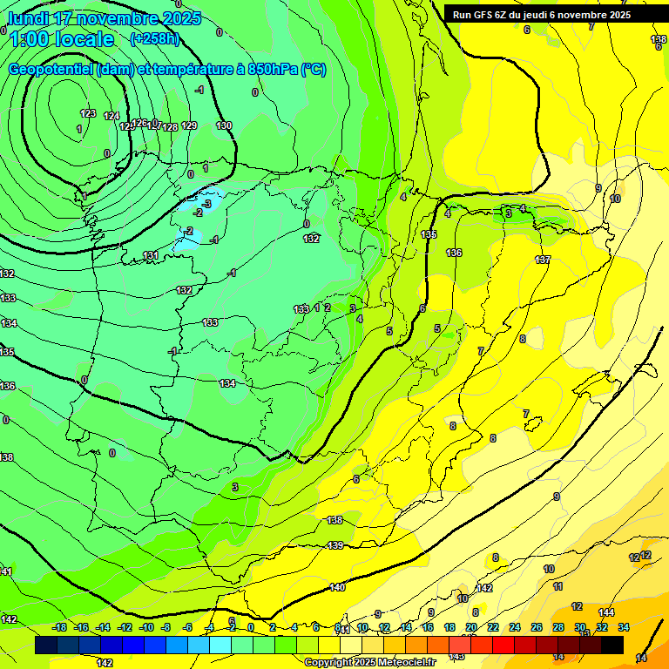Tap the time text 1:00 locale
pyautogui.click(x=61, y=39)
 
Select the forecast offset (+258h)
pyautogui.click(x=154, y=38)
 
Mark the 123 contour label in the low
pyautogui.click(x=88, y=113)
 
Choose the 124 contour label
pyautogui.click(x=111, y=116)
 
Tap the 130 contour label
pyautogui.click(x=224, y=125)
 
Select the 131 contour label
pyautogui.click(x=151, y=255)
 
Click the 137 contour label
pyautogui.click(x=543, y=260)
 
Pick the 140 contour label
pyautogui.click(x=338, y=588)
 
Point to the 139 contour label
pyautogui.click(x=335, y=545)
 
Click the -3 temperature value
pyautogui.click(x=206, y=203)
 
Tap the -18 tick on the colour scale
pyautogui.click(x=60, y=627)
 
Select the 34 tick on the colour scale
pyautogui.click(x=624, y=627)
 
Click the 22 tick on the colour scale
pyautogui.click(x=493, y=627)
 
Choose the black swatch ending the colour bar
pyautogui.click(x=612, y=645)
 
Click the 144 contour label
pyautogui.click(x=606, y=612)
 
